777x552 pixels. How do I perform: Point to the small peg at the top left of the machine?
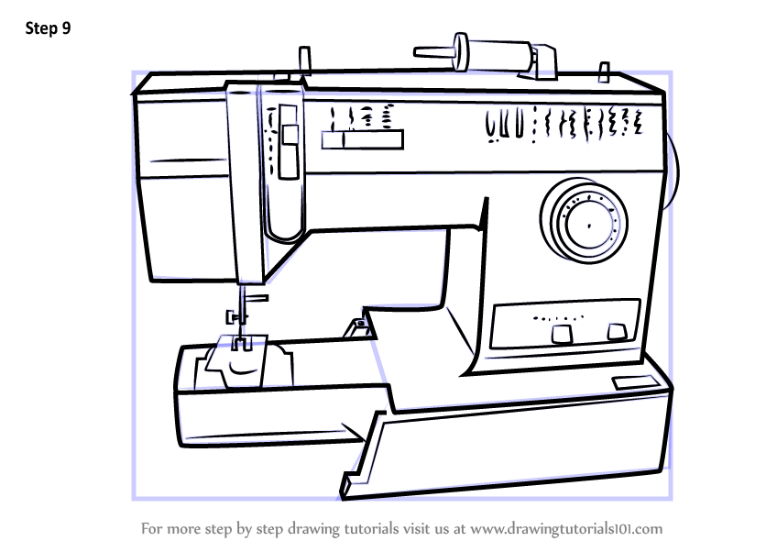(305, 61)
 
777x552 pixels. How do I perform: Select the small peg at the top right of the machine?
(603, 72)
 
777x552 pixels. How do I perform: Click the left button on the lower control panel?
(561, 334)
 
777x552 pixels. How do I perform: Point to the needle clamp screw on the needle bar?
(235, 317)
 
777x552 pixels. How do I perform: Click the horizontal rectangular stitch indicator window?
(362, 139)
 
